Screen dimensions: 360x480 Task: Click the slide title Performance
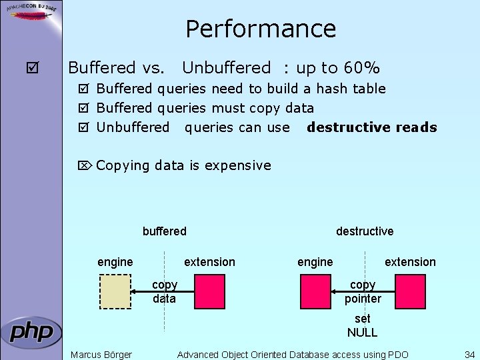pyautogui.click(x=261, y=29)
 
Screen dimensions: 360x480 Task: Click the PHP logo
pyautogui.click(x=31, y=332)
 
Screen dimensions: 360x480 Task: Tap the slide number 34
pyautogui.click(x=469, y=354)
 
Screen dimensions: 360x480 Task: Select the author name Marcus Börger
pyautogui.click(x=101, y=354)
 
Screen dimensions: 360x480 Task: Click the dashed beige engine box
pyautogui.click(x=115, y=291)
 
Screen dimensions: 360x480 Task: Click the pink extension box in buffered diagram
pyautogui.click(x=209, y=291)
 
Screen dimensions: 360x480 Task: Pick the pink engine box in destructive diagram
pyautogui.click(x=315, y=291)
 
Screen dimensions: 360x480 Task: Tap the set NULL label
pyautogui.click(x=363, y=325)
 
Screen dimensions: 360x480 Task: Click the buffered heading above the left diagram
pyautogui.click(x=165, y=231)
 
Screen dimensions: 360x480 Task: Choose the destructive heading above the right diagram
pyautogui.click(x=365, y=231)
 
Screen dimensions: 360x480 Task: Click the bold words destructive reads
pyautogui.click(x=371, y=127)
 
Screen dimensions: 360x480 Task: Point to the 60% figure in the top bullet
pyautogui.click(x=361, y=68)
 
